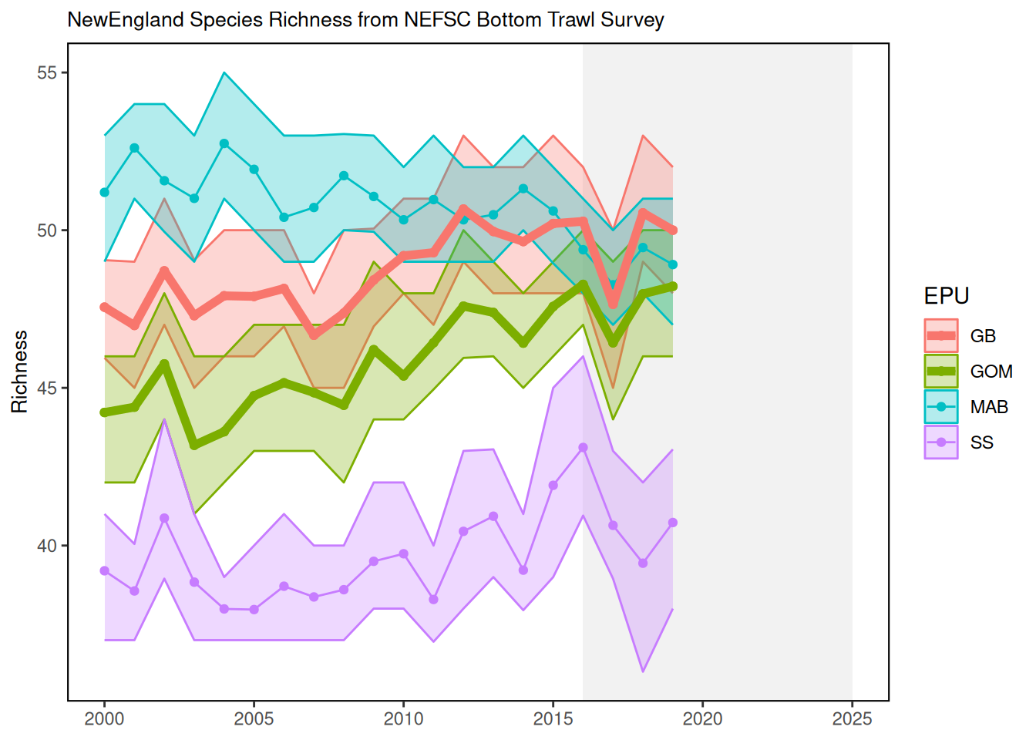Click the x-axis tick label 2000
104,719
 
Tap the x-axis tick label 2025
852,719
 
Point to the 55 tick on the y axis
47,73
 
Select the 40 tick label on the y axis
47,546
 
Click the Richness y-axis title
20,372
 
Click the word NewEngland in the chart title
126,20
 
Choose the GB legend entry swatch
941,336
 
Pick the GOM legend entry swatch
941,372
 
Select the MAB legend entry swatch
941,407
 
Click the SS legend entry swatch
941,442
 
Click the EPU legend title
947,296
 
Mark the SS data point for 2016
583,448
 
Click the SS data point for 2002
164,518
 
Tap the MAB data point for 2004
224,143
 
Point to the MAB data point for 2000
104,192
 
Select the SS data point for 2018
643,563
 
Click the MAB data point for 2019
673,264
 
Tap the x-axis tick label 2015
553,719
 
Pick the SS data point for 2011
433,599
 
